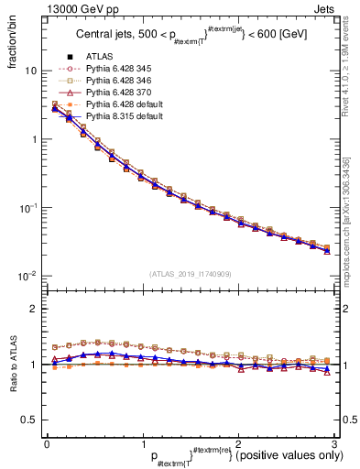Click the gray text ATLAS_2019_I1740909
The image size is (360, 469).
coord(189,274)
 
